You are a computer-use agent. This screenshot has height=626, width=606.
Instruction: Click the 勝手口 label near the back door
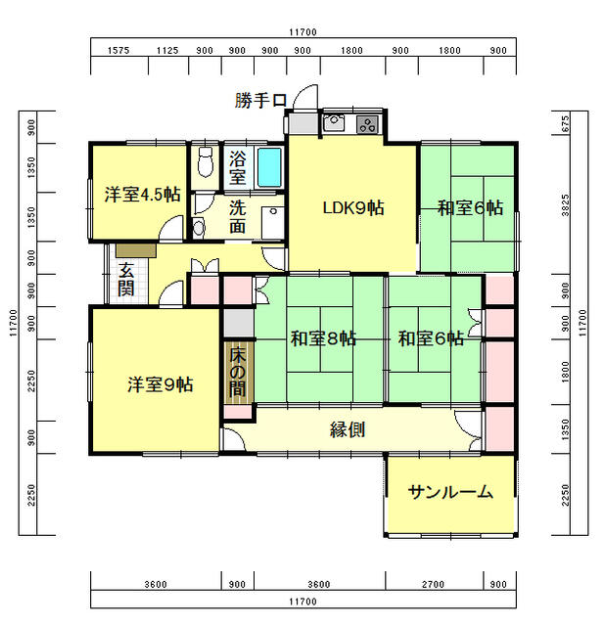click(260, 100)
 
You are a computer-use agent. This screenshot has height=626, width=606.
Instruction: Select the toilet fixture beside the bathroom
click(204, 158)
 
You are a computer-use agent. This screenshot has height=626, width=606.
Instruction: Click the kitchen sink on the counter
click(333, 123)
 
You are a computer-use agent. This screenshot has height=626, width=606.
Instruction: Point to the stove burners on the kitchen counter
click(367, 123)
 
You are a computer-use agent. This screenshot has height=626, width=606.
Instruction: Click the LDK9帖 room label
click(353, 207)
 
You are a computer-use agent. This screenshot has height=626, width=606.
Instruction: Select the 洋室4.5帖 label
click(142, 193)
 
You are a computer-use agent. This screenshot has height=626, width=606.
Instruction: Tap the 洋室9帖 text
click(160, 384)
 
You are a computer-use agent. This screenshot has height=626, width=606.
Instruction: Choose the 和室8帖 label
click(322, 339)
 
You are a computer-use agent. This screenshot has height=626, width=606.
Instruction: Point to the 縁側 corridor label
click(348, 428)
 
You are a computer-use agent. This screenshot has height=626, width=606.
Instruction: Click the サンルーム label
click(450, 492)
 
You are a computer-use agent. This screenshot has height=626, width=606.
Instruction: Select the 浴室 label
click(238, 167)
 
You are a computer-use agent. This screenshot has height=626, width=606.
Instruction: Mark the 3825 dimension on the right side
click(567, 207)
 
